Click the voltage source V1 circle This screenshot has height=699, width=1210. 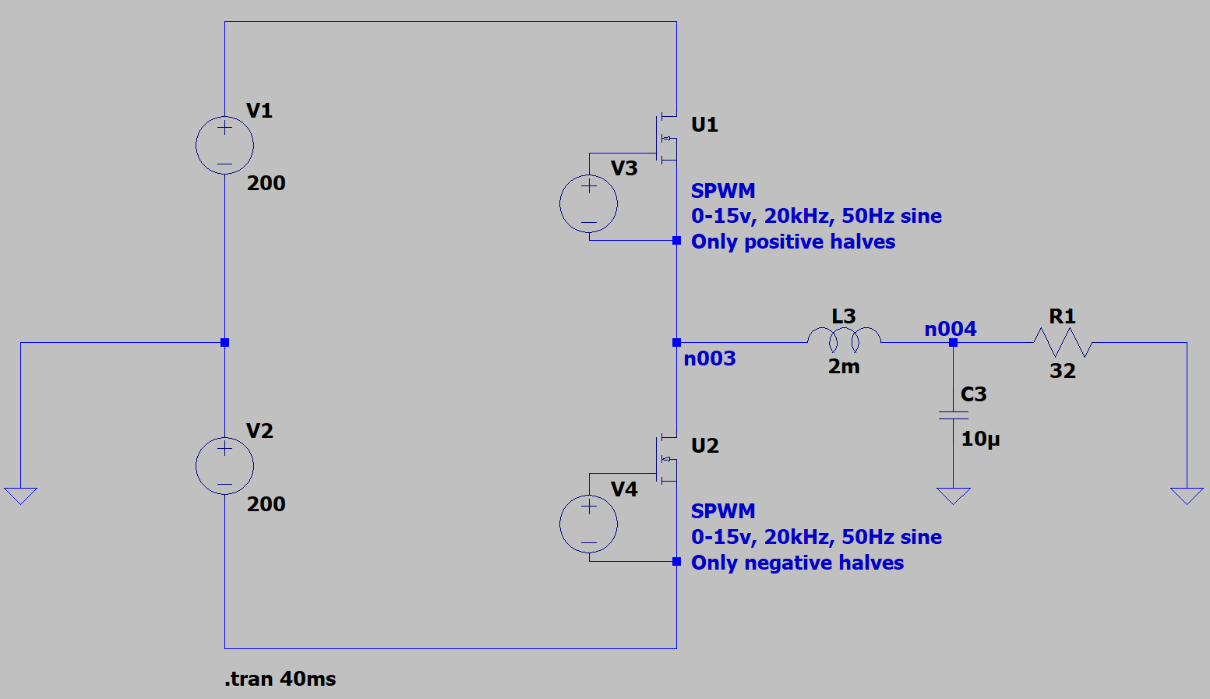tap(224, 145)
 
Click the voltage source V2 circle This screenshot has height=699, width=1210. tap(224, 466)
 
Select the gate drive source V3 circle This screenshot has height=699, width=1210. tap(589, 204)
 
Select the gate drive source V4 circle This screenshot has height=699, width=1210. tap(589, 524)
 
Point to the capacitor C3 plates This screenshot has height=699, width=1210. tap(953, 415)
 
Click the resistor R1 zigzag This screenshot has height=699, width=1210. tap(1062, 342)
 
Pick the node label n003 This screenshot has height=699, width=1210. tap(709, 358)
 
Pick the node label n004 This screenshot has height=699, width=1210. tap(950, 329)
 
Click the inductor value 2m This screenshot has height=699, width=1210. tap(844, 366)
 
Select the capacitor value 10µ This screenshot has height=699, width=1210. tap(980, 439)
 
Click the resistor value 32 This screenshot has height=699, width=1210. tap(1062, 371)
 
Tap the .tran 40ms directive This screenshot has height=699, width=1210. tap(280, 679)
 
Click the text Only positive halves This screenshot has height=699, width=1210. tap(793, 242)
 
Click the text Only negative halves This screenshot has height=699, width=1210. tap(797, 563)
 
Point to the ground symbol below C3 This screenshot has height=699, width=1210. tap(953, 496)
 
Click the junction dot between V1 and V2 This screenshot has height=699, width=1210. tap(224, 342)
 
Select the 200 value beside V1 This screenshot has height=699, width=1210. tap(266, 183)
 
